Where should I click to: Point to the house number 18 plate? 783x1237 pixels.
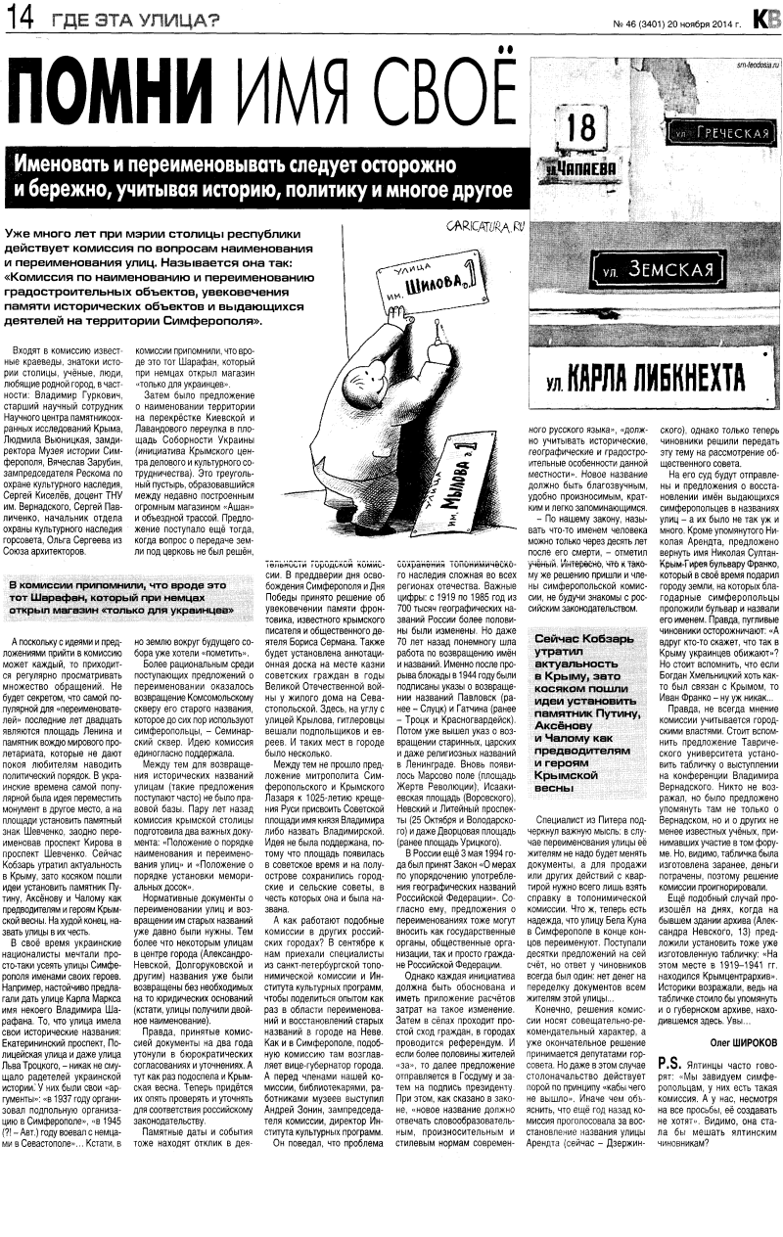(581, 127)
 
